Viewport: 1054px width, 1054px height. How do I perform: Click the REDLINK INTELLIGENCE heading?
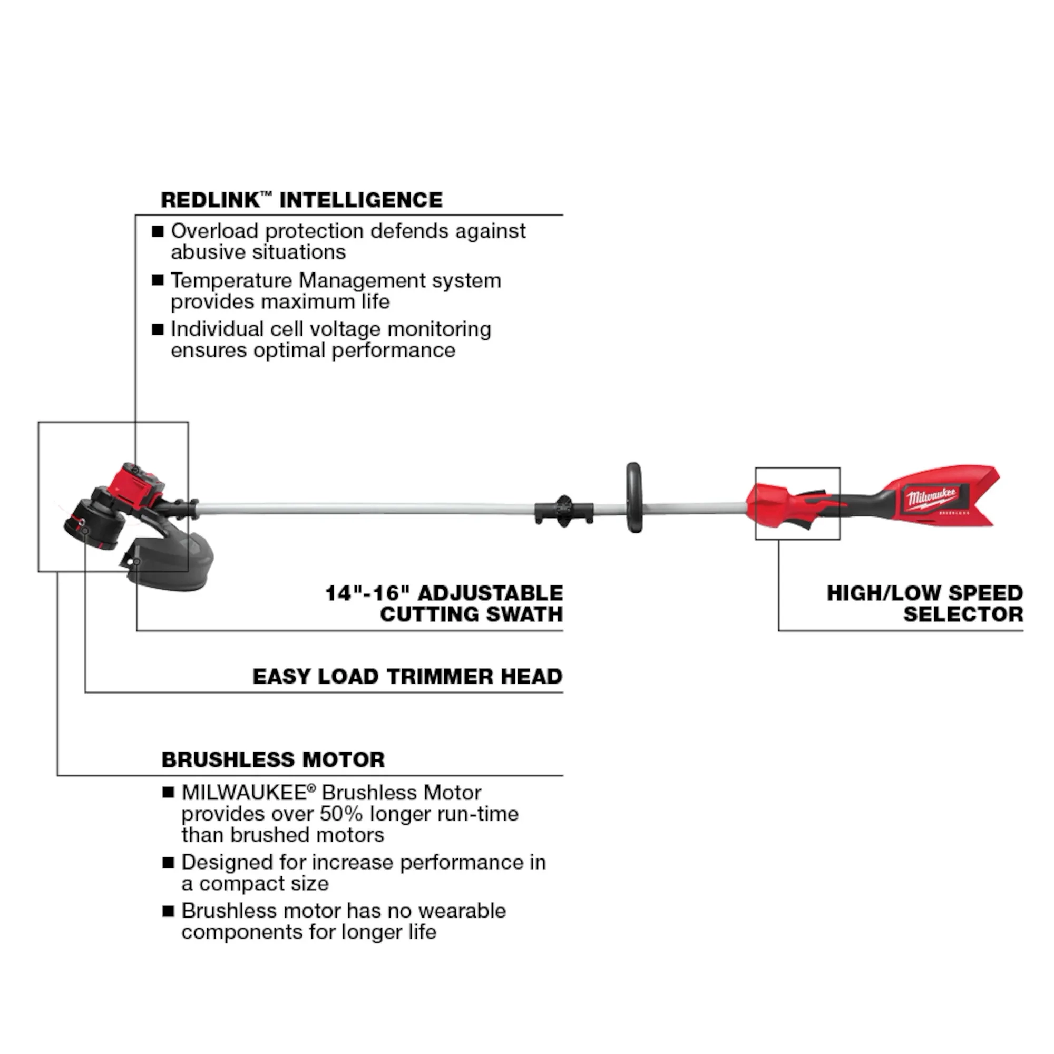pos(301,200)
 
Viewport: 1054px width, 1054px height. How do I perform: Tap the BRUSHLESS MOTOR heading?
pos(273,759)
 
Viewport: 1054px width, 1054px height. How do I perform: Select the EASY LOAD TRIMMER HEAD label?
pos(407,677)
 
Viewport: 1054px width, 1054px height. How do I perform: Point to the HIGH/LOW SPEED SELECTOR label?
pos(925,603)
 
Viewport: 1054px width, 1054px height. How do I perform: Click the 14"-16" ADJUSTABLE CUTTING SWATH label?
pos(444,603)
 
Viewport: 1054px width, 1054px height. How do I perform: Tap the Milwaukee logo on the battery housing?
pos(932,499)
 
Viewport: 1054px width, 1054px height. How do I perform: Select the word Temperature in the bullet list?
pos(231,280)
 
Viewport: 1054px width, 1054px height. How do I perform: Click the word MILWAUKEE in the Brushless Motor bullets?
pos(243,792)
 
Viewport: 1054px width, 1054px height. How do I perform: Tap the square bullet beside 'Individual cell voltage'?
pos(158,329)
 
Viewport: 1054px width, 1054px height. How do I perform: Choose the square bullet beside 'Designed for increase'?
pos(168,863)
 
